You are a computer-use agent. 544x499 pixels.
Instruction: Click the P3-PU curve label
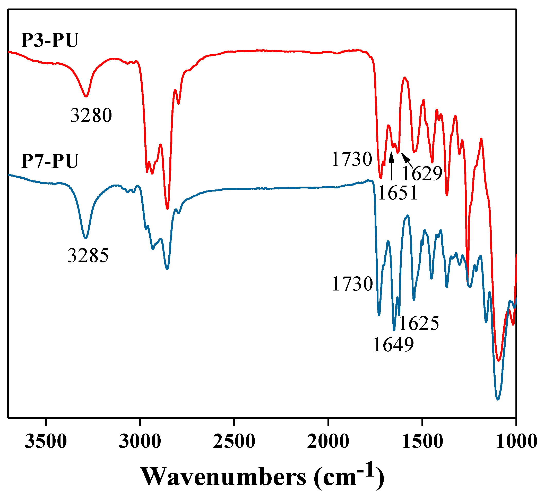(x=50, y=40)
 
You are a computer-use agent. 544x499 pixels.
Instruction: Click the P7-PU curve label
(x=50, y=161)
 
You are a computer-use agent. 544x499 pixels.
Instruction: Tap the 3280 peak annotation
(x=91, y=115)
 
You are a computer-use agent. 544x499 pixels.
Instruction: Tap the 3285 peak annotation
(x=88, y=255)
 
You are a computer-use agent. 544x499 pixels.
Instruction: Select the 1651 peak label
(x=398, y=193)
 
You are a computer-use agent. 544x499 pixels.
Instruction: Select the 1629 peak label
(x=422, y=173)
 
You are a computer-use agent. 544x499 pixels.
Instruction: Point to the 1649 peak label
(x=393, y=344)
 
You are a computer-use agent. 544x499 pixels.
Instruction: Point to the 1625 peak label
(x=419, y=323)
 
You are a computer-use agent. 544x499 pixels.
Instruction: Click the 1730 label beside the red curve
(x=352, y=159)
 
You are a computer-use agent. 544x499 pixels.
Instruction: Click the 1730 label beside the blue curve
(x=352, y=284)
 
